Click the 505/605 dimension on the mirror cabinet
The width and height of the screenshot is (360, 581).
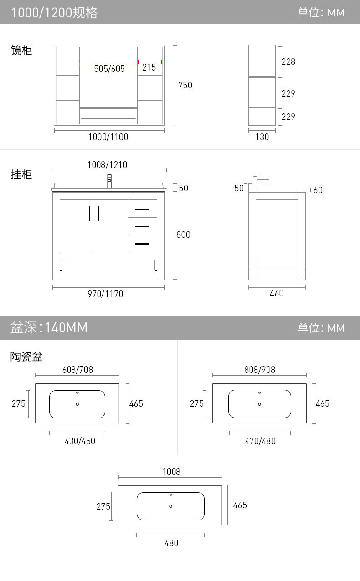109,69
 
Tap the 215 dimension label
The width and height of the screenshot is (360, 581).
149,68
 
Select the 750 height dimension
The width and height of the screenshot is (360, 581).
185,85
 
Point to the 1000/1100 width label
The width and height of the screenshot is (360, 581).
108,137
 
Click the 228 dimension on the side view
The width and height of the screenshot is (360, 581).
288,61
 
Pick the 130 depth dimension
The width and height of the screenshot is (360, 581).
262,137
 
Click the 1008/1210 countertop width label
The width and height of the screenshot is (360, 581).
107,165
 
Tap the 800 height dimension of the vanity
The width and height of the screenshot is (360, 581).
183,235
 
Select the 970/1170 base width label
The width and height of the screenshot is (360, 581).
105,294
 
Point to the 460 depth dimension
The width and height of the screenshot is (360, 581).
277,294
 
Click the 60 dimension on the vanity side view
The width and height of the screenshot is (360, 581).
318,190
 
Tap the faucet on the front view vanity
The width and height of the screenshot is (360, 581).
109,181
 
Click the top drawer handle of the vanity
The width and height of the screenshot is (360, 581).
142,209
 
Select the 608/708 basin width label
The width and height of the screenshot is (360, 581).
77,370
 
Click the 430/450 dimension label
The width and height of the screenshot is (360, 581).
80,441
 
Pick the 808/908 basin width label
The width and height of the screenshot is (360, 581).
260,370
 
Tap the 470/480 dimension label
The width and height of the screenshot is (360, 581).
260,441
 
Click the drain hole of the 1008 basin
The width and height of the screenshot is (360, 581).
171,506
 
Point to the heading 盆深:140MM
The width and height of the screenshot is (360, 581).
49,327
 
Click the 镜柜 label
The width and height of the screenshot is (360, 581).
21,50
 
